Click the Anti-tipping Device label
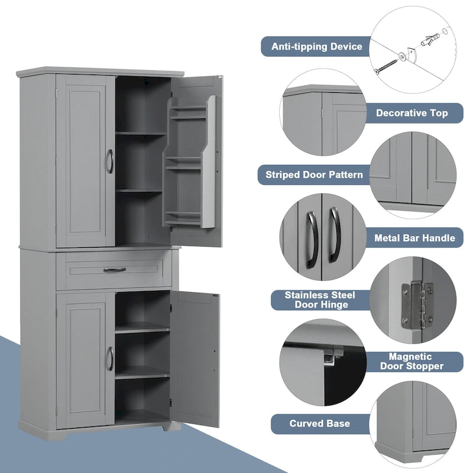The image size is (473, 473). coord(316,46)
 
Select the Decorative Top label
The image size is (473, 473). coord(412,112)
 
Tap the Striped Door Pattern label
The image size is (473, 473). coord(314,174)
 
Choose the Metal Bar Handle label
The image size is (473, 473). coord(414,238)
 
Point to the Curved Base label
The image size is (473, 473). coord(319,423)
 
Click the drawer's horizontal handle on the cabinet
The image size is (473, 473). coord(115,270)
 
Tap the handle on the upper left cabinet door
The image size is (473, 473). coord(109,161)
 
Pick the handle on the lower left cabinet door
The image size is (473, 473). coord(109,359)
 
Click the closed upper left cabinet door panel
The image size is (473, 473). coord(84,161)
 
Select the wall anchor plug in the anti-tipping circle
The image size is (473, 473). coord(430,41)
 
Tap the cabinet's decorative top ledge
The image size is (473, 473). coord(101,72)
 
